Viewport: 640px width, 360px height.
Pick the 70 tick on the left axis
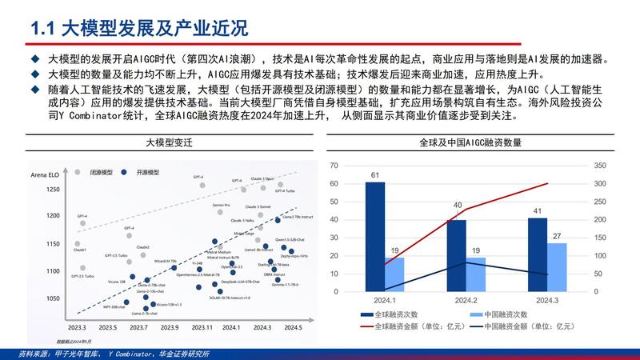tap(335, 166)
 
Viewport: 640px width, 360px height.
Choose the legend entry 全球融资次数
tap(405, 315)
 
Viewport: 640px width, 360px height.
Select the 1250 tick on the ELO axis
tap(51, 190)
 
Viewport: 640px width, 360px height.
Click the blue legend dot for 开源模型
tap(132, 172)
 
